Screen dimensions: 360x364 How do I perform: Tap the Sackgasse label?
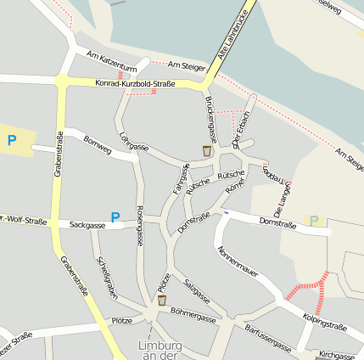coord(87,225)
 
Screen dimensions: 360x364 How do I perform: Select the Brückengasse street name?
coord(210,119)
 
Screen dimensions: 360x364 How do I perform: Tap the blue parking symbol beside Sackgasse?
coord(115,217)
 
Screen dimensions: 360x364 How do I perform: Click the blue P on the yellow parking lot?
coord(11,140)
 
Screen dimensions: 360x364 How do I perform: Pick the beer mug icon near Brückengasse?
coord(207,150)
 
